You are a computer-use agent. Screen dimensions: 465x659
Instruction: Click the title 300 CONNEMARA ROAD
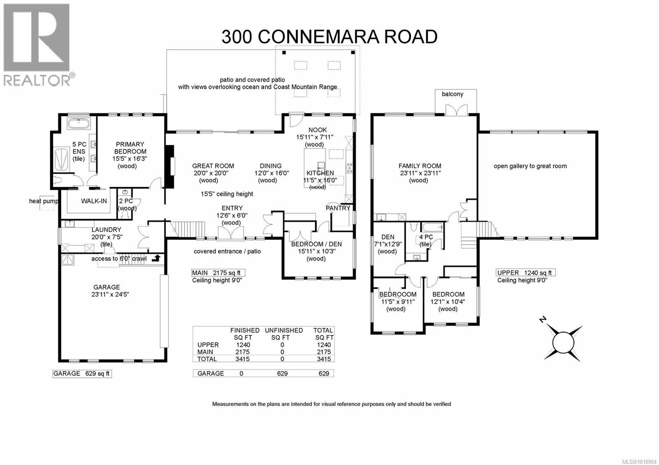coord(329,37)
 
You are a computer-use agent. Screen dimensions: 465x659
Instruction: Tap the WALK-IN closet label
coord(93,201)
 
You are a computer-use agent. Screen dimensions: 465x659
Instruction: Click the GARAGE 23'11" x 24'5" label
coord(106,291)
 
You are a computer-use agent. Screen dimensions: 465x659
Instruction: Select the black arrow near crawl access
coord(156,258)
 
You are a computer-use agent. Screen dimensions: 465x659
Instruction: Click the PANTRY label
coord(338,208)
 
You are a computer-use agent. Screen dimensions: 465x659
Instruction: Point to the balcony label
coord(452,94)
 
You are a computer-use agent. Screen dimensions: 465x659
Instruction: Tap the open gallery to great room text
coord(530,166)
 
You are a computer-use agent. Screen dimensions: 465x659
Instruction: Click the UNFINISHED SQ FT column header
coord(284,334)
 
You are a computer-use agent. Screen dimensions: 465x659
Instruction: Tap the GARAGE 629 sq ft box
coord(82,373)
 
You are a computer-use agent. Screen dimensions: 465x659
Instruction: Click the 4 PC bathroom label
coord(425,240)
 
